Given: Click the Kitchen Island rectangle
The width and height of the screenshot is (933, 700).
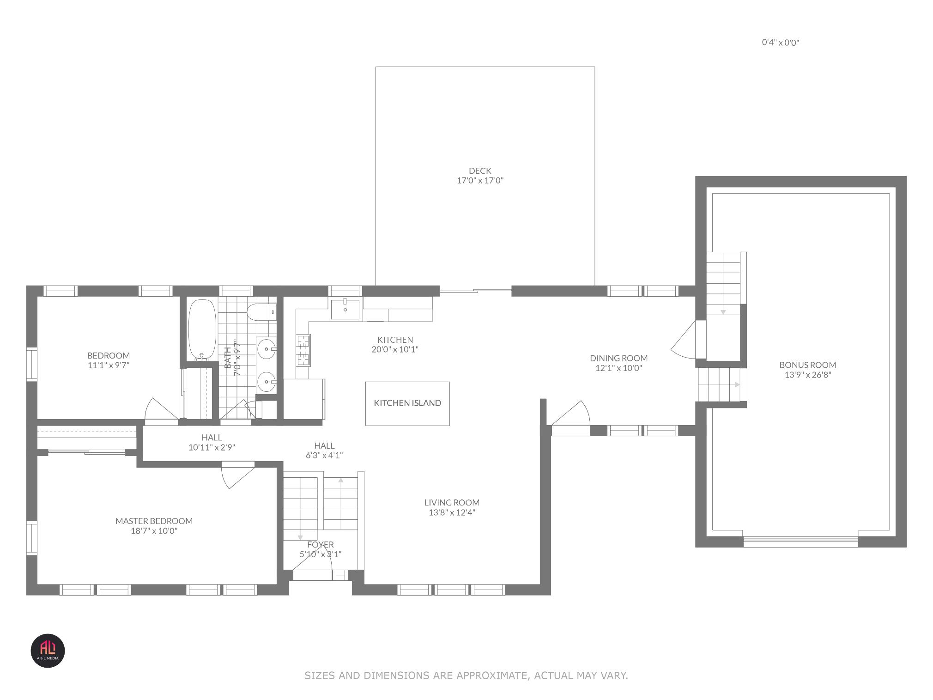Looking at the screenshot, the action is click(407, 403).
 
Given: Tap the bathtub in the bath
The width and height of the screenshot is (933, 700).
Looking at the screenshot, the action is click(202, 329).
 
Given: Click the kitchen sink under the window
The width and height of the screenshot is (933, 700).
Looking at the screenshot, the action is click(345, 309).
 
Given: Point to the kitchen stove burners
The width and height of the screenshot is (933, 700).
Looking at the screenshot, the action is click(303, 350).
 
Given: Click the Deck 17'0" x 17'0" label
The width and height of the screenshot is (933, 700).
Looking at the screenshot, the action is click(480, 176).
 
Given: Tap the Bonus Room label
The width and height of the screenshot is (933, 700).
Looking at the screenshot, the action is click(807, 365).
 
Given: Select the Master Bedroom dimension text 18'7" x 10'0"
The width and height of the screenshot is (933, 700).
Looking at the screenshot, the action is click(154, 531).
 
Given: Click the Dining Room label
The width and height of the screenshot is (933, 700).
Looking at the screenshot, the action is click(618, 358).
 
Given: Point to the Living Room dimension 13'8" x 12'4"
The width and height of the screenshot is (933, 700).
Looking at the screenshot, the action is click(452, 512).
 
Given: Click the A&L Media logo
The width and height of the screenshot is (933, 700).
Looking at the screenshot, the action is click(48, 651).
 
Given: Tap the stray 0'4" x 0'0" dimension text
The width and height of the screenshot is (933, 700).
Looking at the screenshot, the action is click(781, 43).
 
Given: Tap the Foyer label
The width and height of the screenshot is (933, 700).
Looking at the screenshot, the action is click(320, 545).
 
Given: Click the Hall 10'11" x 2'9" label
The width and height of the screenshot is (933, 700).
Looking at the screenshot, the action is click(212, 442).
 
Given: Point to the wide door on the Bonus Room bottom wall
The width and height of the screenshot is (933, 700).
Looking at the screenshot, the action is click(800, 541).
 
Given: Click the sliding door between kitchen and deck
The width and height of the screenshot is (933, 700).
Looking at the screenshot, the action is click(475, 291).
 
